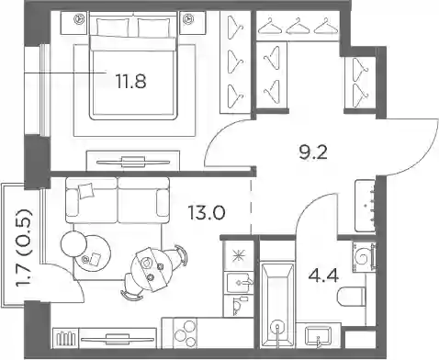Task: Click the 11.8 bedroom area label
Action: coord(131,82)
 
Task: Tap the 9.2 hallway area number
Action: coord(313,152)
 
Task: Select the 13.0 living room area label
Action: coord(208,213)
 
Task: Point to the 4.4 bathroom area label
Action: coord(323,276)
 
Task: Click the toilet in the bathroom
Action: coord(351,297)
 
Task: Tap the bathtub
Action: coord(277,305)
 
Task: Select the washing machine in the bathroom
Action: coord(364,256)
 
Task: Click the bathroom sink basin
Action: coord(319,337)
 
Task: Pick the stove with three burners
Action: coord(185,333)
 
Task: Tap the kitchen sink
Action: coord(239,282)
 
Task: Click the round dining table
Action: coord(148,269)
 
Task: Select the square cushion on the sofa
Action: coord(85,191)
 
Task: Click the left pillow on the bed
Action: coord(113,27)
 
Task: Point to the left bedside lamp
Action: coord(80,19)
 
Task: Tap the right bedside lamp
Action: coord(187,19)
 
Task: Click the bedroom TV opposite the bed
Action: coord(133,162)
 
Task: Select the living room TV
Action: coord(118,338)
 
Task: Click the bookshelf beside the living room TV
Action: coord(65,338)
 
